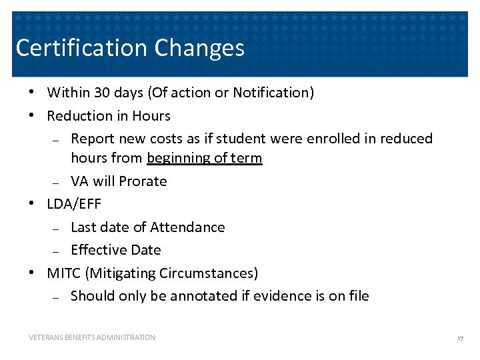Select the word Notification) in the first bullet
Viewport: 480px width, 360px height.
pyautogui.click(x=273, y=93)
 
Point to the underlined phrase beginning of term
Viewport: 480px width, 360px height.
pyautogui.click(x=205, y=158)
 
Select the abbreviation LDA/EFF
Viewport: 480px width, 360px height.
pyautogui.click(x=74, y=204)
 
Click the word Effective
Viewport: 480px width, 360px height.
pyautogui.click(x=97, y=250)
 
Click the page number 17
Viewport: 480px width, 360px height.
pyautogui.click(x=460, y=338)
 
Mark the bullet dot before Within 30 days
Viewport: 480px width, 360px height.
pyautogui.click(x=32, y=93)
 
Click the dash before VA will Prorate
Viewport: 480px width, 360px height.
pyautogui.click(x=57, y=183)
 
